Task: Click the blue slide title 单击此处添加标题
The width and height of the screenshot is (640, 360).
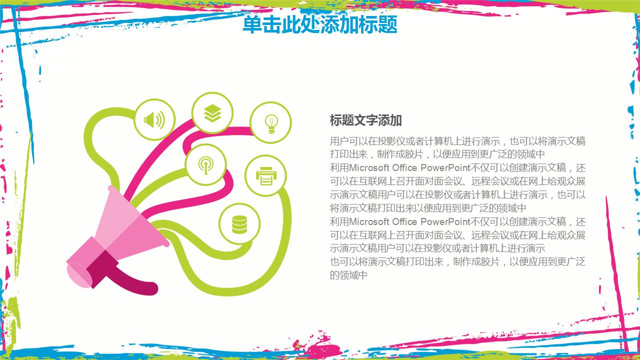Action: (320, 24)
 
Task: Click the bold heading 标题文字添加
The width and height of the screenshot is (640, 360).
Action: (366, 120)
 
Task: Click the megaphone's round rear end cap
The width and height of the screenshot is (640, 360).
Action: (79, 275)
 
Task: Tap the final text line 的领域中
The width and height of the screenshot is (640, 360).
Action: (348, 275)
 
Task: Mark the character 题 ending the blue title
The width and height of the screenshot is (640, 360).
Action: (388, 24)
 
